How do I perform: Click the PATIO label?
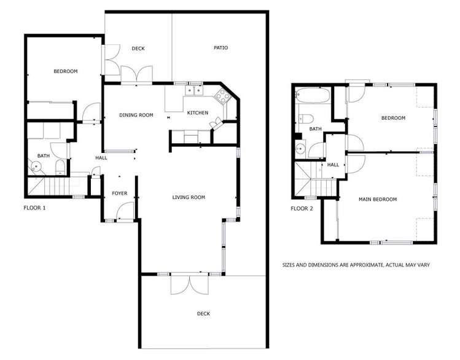click(220, 48)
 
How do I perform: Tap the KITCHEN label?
click(198, 113)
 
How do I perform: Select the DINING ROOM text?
click(136, 115)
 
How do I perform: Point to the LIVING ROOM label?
click(189, 197)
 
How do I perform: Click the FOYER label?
click(119, 194)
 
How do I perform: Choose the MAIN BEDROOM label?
click(378, 199)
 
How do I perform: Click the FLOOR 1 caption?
click(34, 208)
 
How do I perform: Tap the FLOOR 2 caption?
click(302, 209)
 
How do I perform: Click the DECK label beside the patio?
click(138, 49)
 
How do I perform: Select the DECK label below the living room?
click(203, 314)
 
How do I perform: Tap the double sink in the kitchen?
click(195, 91)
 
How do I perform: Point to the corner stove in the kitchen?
click(222, 96)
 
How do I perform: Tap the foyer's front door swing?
click(123, 213)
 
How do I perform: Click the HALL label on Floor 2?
click(333, 165)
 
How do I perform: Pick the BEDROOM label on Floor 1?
click(66, 72)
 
